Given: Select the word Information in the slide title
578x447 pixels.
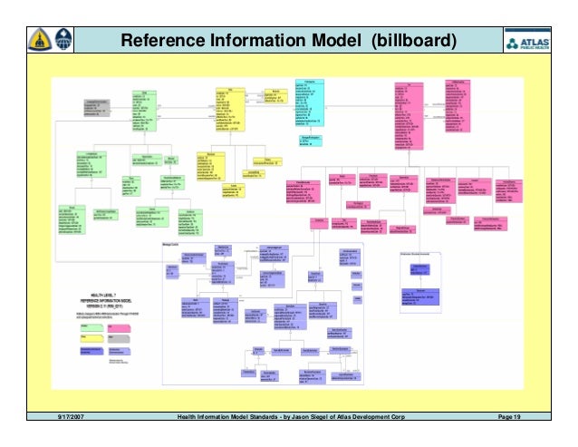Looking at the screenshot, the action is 264,42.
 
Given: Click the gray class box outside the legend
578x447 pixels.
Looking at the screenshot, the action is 97,108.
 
